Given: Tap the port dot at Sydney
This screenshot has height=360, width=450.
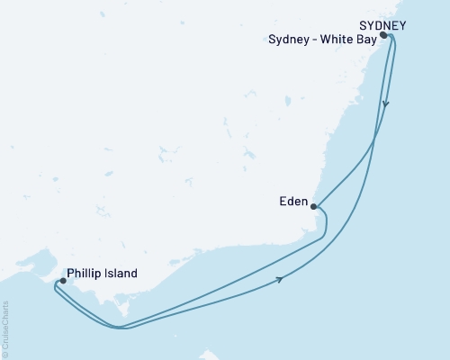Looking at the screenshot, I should [x=383, y=35].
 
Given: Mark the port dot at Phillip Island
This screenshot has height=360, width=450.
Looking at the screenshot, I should [x=62, y=281].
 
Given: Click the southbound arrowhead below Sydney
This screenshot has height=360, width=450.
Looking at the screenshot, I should [x=386, y=103].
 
